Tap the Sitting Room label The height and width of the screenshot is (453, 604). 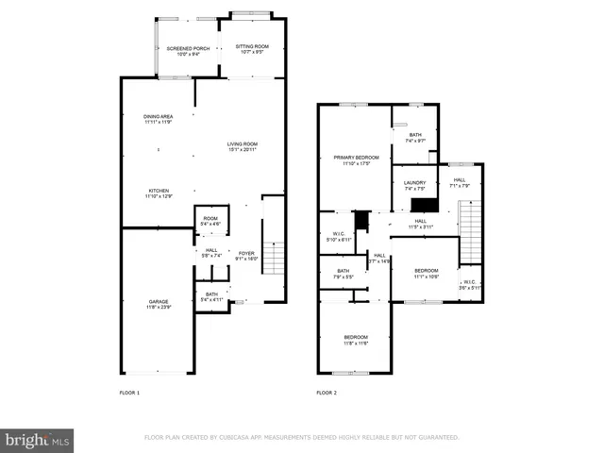click(x=252, y=49)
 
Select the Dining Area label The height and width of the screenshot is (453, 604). click(x=159, y=119)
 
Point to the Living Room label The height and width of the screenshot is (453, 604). click(x=242, y=146)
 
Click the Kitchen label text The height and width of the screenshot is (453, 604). click(x=159, y=193)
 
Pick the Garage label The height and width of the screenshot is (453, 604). click(x=158, y=304)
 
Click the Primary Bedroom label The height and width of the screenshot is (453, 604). click(x=355, y=159)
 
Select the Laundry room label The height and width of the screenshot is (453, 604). click(x=415, y=185)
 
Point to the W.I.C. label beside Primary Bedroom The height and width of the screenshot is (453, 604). click(x=339, y=236)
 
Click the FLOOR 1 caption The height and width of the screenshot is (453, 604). click(x=129, y=393)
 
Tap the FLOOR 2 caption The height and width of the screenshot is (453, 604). click(x=327, y=393)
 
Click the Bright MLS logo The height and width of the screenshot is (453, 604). click(x=38, y=441)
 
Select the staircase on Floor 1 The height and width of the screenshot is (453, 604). click(x=273, y=258)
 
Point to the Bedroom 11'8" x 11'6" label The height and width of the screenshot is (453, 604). click(x=356, y=340)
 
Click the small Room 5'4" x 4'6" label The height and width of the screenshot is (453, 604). click(x=210, y=221)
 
